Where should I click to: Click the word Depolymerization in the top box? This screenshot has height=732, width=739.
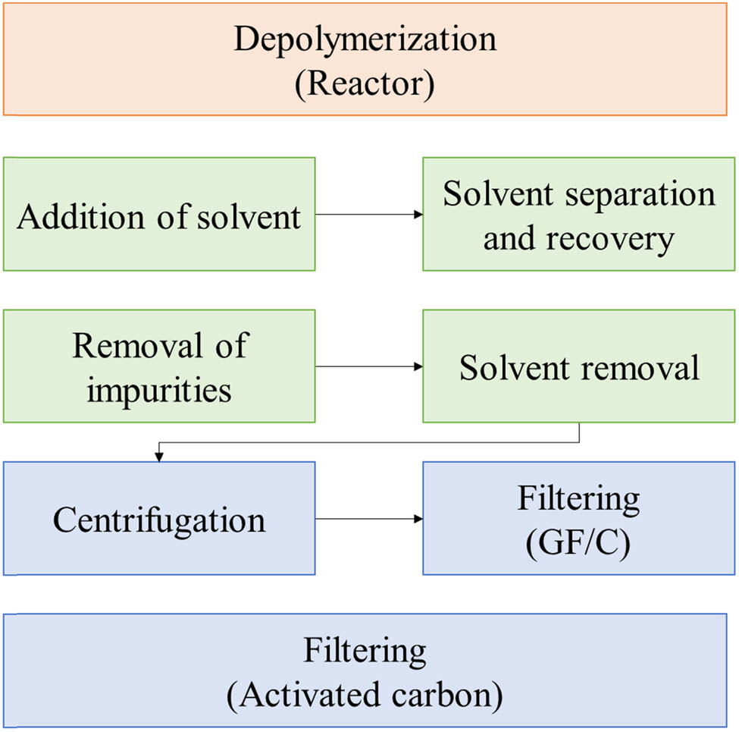[365, 39]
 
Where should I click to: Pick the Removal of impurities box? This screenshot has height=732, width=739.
[159, 366]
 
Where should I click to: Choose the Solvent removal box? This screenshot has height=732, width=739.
[579, 366]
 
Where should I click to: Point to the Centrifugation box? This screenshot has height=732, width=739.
[159, 519]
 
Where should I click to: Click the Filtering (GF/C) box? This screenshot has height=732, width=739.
[579, 519]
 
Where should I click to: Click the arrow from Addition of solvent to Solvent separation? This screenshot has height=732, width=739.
[368, 215]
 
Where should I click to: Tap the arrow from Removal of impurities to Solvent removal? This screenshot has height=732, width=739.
[368, 366]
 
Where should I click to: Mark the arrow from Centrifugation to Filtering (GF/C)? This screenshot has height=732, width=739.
[368, 519]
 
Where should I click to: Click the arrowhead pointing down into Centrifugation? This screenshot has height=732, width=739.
[159, 457]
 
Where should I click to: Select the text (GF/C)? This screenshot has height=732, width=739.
[579, 543]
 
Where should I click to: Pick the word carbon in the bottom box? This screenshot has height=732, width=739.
[450, 695]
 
